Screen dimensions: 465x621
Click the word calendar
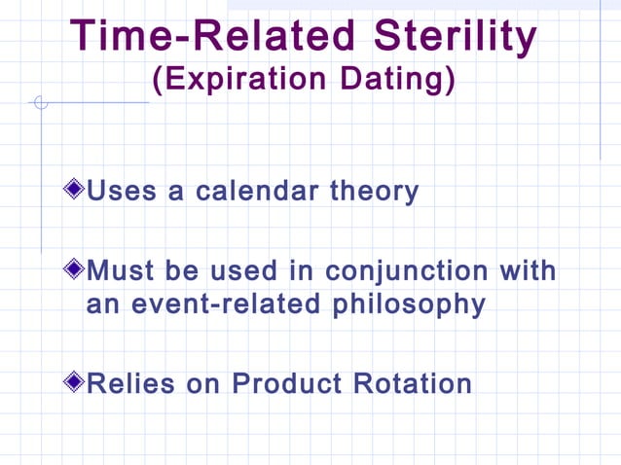[259, 191]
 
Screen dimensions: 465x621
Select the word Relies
[130, 383]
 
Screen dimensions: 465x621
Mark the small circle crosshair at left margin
[41, 102]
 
